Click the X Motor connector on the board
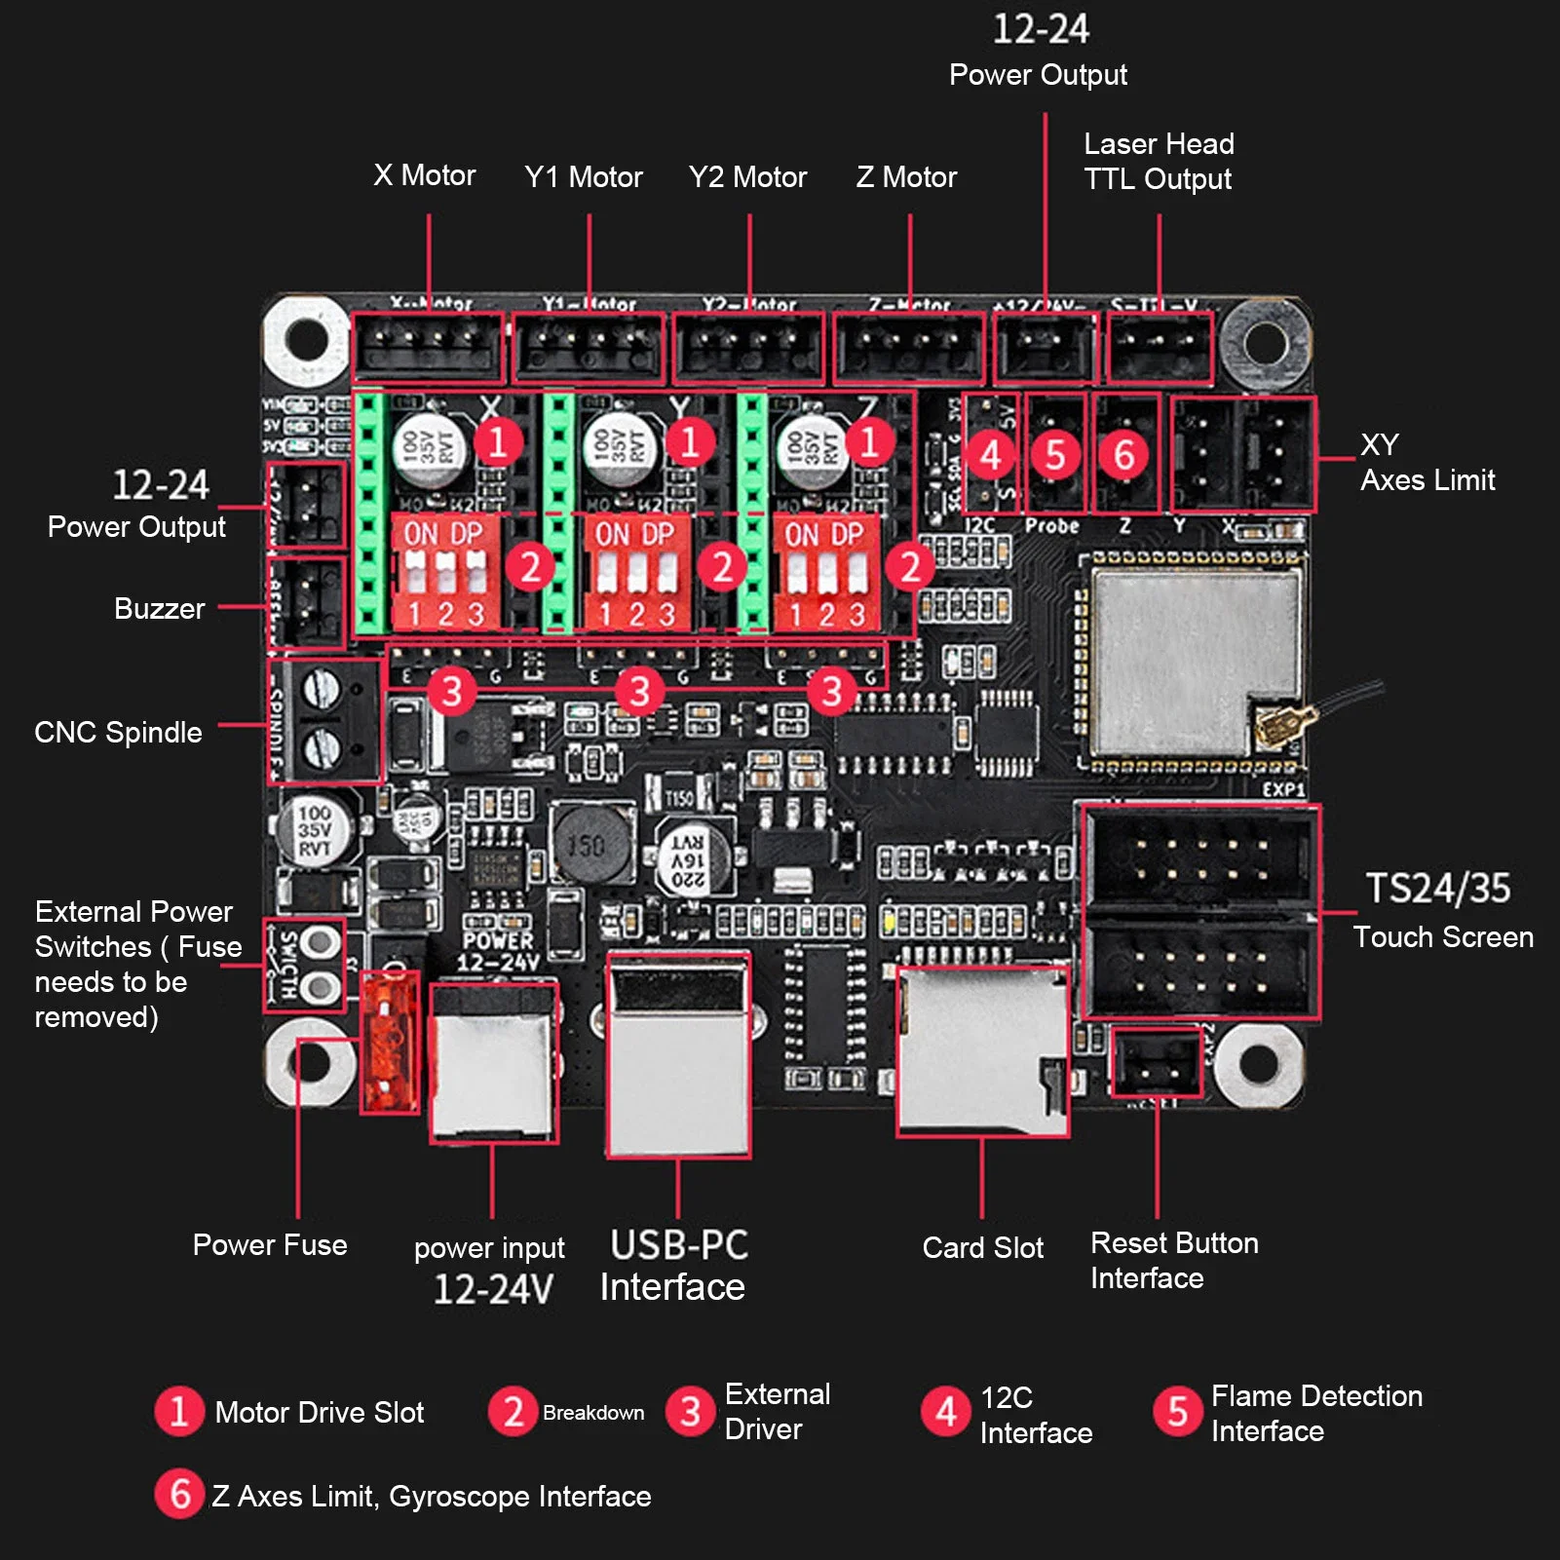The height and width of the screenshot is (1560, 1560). (x=427, y=347)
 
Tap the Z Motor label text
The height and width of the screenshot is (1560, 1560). (x=906, y=177)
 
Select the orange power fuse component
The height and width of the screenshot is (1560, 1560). (x=390, y=1043)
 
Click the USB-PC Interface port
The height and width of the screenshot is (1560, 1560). (x=678, y=1054)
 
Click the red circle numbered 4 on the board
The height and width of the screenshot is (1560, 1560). (x=990, y=455)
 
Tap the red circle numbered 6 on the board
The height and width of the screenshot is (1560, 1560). (x=1124, y=455)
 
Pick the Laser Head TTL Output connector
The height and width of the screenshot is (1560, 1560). (x=1160, y=347)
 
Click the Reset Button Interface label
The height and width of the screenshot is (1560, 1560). (x=1173, y=1260)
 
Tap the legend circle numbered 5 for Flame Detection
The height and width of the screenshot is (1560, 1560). (x=1177, y=1411)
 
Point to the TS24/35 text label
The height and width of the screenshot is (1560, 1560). (x=1437, y=889)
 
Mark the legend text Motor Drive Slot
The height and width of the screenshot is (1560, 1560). (x=319, y=1412)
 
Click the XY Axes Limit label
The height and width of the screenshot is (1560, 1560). (x=1427, y=463)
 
